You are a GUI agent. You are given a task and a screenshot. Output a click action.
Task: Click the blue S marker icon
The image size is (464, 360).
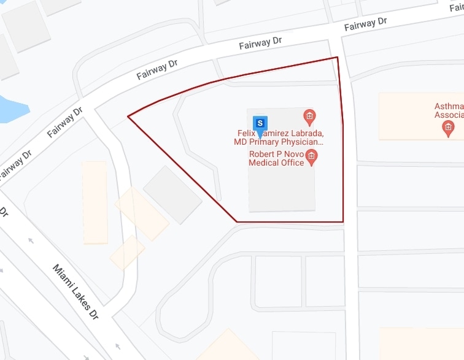pyautogui.click(x=261, y=123)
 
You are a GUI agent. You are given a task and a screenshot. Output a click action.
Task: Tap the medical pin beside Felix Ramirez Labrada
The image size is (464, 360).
pyautogui.click(x=310, y=115)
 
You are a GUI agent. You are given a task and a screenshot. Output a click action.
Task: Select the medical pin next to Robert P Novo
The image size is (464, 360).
pyautogui.click(x=311, y=156)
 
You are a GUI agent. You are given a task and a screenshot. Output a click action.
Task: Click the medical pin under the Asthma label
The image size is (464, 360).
pyautogui.click(x=448, y=128)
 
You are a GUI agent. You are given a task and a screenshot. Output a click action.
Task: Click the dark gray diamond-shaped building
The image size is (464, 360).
pyautogui.click(x=172, y=194)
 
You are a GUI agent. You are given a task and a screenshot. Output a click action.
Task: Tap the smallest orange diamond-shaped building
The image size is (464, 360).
pyautogui.click(x=127, y=252)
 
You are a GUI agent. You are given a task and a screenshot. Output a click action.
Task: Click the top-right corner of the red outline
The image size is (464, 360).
pyautogui.click(x=337, y=58)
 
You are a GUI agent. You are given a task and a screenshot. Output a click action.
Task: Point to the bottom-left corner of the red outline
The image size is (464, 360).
pyautogui.click(x=237, y=221)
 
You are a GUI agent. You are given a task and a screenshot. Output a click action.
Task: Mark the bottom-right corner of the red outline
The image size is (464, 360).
pyautogui.click(x=342, y=221)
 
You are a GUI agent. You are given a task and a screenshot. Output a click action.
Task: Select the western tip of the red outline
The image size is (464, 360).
pyautogui.click(x=128, y=115)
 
